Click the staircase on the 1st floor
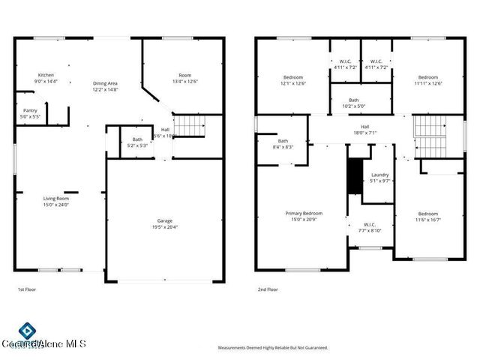(x=190, y=126)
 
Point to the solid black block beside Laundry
(x=355, y=176)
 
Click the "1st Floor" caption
(x=27, y=289)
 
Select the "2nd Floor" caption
(x=268, y=289)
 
